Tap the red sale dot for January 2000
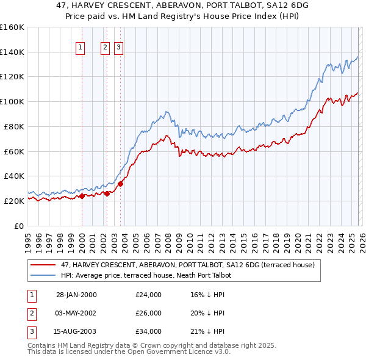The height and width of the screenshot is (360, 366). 82,196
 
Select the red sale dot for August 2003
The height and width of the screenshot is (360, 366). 120,184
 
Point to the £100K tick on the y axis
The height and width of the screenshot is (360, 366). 13,101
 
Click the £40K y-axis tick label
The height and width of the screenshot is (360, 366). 13,176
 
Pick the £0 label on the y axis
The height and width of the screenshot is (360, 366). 18,226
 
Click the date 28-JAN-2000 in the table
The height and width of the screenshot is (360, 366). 76,295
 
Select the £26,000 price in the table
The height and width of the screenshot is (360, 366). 149,313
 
